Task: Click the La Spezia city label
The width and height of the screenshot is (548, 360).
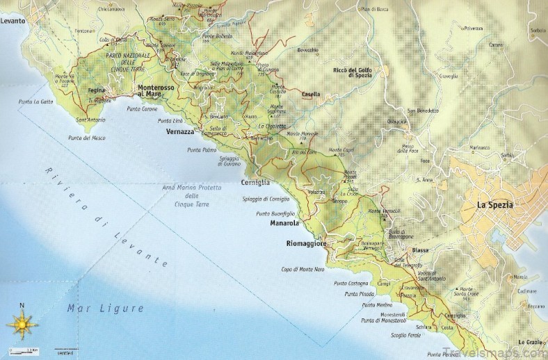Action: (x=494, y=205)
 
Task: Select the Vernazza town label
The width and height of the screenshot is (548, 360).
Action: (x=180, y=131)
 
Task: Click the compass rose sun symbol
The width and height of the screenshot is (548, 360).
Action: (x=21, y=324)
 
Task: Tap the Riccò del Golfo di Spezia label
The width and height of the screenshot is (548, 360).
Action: (x=357, y=73)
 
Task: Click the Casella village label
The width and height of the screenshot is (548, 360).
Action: (x=311, y=95)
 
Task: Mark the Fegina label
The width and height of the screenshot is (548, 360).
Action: (x=96, y=90)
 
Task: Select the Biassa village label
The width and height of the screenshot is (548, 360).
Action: (x=419, y=249)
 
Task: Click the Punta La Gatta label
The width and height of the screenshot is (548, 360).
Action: (x=36, y=102)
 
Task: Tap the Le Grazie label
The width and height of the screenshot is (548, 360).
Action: (x=530, y=342)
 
